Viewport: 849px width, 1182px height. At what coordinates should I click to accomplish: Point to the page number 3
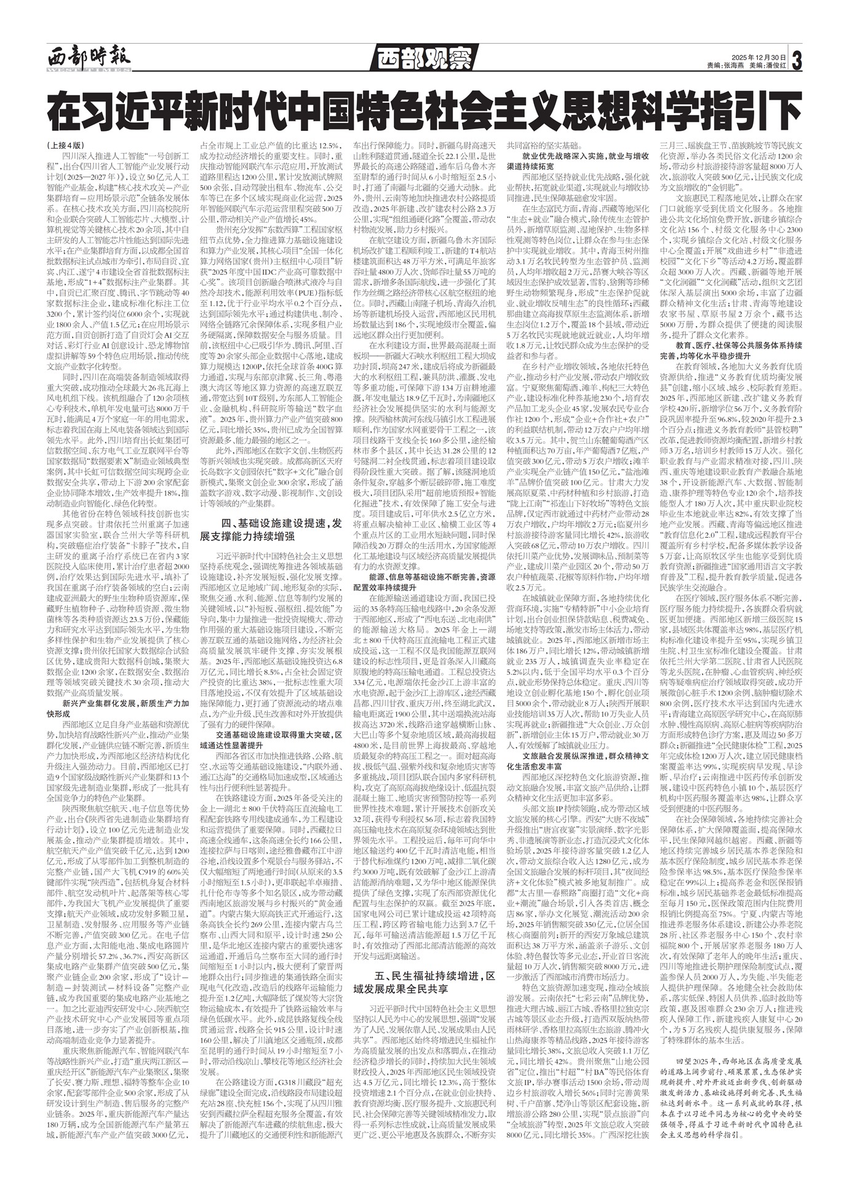pos(798,60)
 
